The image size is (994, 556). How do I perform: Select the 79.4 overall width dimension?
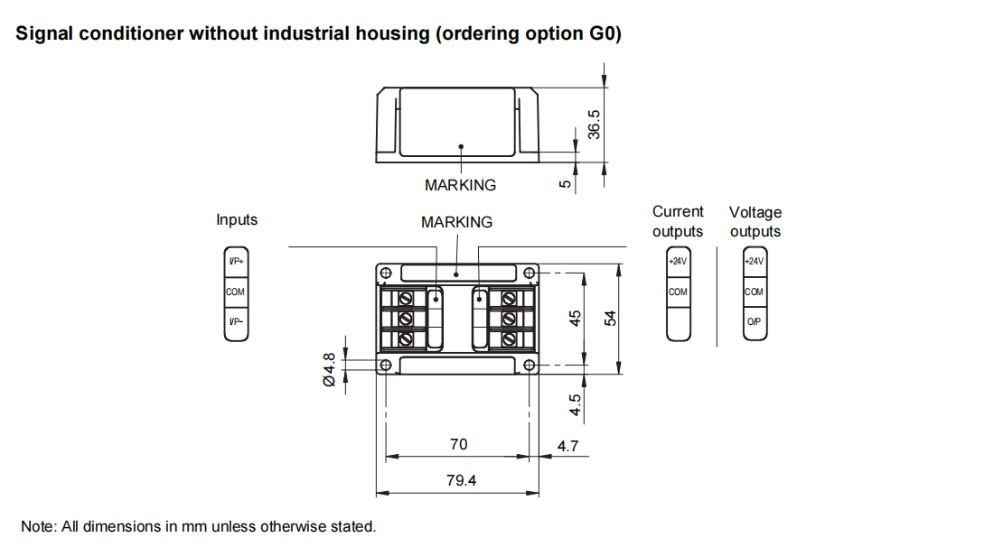[x=461, y=480]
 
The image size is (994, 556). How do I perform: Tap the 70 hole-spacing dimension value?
[x=459, y=444]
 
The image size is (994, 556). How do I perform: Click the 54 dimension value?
[x=610, y=319]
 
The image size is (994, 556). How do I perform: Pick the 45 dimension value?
[x=575, y=319]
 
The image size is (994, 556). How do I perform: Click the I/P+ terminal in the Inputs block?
[x=236, y=262]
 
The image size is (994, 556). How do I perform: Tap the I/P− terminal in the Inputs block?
[x=236, y=322]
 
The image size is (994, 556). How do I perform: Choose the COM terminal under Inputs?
[x=236, y=292]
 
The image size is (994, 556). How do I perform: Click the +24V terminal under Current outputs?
[x=678, y=262]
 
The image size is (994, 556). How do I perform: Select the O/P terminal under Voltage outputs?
[x=754, y=322]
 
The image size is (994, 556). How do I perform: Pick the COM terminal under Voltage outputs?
[x=754, y=292]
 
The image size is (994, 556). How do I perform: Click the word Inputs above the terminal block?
[x=237, y=219]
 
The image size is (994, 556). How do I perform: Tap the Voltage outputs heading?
[x=755, y=222]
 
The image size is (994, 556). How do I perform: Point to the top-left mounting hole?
[x=386, y=273]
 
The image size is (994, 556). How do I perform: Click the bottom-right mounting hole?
[x=530, y=365]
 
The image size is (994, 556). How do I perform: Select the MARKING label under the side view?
[x=460, y=185]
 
